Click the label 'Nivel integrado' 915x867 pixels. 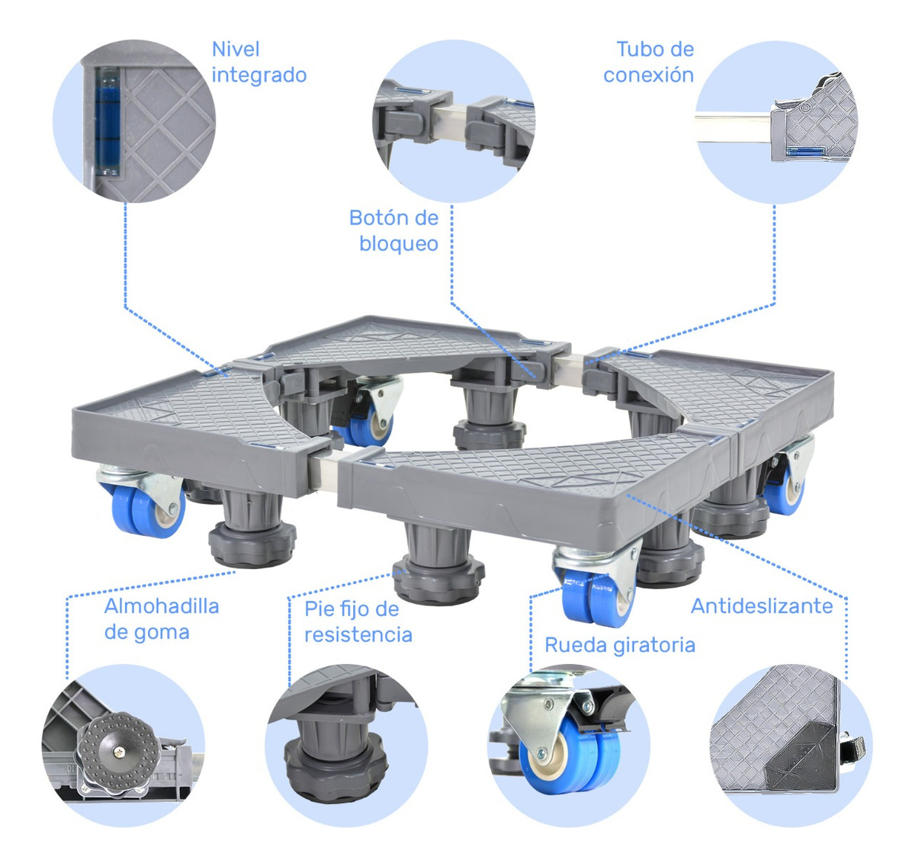pos(258,63)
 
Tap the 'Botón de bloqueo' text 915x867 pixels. pos(394,230)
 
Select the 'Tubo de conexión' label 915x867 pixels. pos(648,63)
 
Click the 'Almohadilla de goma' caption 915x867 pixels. pos(161,619)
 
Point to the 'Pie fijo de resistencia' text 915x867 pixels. pos(358,621)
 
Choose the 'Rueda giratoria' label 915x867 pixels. pos(619,645)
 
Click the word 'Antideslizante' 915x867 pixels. pos(761,606)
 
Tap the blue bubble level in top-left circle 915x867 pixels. pos(108,120)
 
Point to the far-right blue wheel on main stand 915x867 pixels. pos(785,491)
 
